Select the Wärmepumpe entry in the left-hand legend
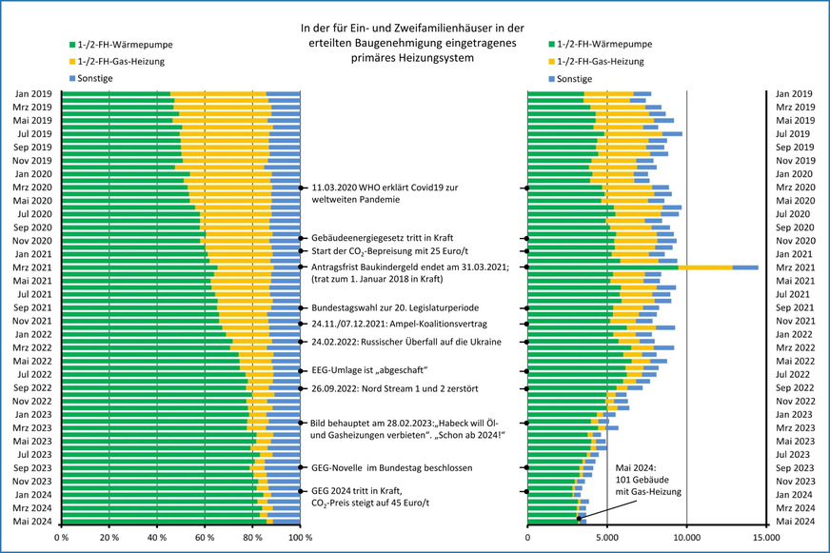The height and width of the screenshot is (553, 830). (121, 45)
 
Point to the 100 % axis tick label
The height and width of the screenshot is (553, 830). (300, 538)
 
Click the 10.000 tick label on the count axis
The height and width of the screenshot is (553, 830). (687, 538)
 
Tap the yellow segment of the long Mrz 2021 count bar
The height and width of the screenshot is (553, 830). (704, 267)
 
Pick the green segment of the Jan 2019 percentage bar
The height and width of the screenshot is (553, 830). (115, 95)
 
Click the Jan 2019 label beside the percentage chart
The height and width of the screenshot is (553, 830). (33, 94)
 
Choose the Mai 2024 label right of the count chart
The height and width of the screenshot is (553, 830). (795, 522)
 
